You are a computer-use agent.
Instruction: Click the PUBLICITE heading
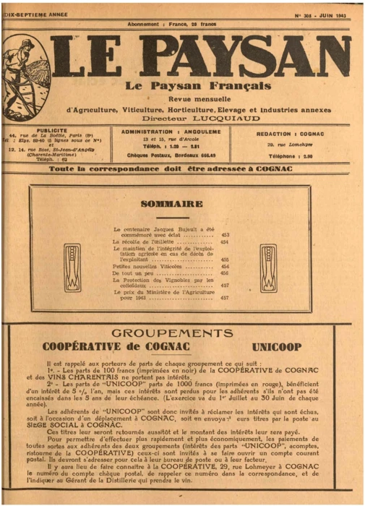[52, 132]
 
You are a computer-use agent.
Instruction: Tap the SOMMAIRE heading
[171, 205]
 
